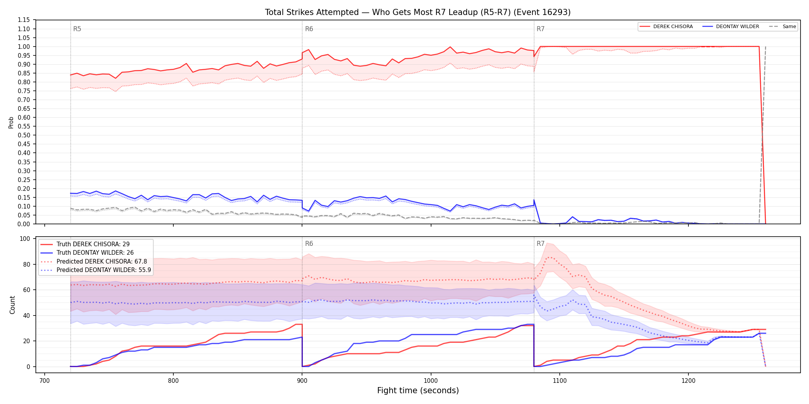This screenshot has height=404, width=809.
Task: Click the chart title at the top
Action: point(418,12)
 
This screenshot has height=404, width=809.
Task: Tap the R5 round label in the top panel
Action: point(77,29)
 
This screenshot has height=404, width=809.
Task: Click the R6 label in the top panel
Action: point(309,29)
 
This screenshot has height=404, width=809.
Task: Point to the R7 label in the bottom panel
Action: point(540,244)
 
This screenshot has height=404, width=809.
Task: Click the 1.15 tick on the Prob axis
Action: point(24,20)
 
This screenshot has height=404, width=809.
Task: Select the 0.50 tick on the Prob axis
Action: point(24,135)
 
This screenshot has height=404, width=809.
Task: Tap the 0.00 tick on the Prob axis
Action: point(24,224)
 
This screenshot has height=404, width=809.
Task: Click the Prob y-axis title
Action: point(11,122)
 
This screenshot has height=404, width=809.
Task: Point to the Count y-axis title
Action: point(12,305)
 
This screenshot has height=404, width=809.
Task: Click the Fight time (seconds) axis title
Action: point(418,391)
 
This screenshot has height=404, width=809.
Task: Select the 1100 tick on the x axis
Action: point(559,381)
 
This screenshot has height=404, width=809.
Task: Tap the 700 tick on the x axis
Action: point(45,381)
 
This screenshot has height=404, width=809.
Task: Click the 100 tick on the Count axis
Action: point(25,239)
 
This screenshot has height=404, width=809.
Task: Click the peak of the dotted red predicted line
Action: point(549,257)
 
